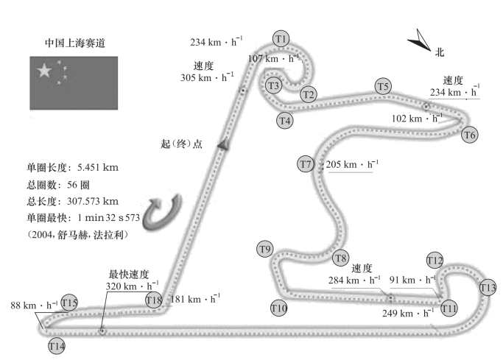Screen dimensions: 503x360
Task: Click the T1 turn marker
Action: point(281,39)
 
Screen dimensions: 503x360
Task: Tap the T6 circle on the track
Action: point(470,135)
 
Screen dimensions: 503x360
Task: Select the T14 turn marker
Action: point(57,346)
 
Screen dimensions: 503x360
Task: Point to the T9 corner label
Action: point(265,249)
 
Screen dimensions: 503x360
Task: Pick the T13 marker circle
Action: point(488,288)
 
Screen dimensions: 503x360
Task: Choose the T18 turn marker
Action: point(154,300)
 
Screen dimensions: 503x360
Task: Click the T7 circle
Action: point(306,164)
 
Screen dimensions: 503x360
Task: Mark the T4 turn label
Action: point(285,121)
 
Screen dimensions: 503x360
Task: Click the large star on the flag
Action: point(44,71)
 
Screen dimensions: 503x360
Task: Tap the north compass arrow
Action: point(420,40)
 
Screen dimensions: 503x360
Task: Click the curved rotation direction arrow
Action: point(162,213)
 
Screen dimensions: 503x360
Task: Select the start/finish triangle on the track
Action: point(224,144)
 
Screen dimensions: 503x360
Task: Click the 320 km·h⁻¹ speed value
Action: point(132,286)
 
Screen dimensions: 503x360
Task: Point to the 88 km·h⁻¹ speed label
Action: point(34,305)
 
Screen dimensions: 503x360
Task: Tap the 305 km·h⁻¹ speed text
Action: point(207,77)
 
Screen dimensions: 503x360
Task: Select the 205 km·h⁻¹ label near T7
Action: point(352,164)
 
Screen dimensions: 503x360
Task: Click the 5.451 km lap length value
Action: point(98,167)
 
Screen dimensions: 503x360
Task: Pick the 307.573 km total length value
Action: point(93,201)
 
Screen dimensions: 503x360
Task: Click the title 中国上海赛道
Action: point(75,43)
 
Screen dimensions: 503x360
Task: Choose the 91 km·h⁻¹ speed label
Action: point(412,280)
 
